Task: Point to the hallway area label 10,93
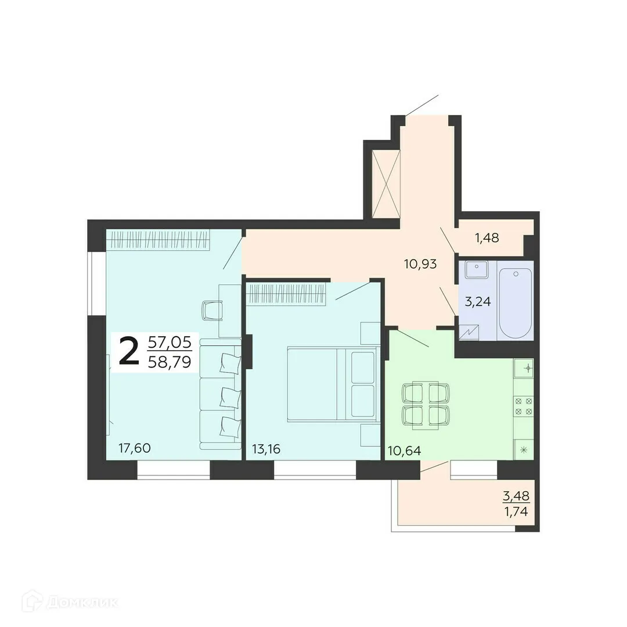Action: tap(420, 264)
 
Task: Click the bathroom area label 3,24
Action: tap(478, 301)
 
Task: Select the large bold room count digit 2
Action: tap(128, 351)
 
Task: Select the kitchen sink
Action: tap(523, 369)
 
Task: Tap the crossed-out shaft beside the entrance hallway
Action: tap(386, 183)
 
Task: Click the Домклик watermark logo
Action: tap(70, 602)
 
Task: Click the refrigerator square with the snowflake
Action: tap(523, 449)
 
